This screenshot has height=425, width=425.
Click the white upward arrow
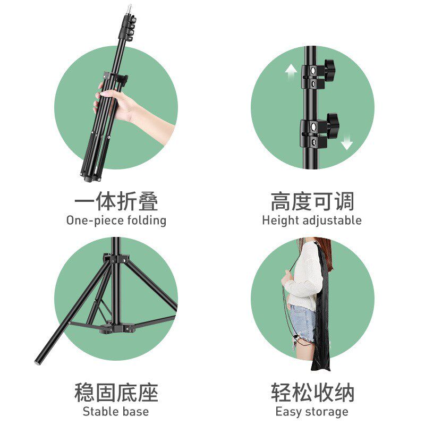tap(291, 72)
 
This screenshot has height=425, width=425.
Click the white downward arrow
tap(347, 142)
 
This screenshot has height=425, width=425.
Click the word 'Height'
tap(280, 220)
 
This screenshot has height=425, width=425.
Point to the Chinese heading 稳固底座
tap(116, 393)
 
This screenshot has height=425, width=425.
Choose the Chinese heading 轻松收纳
tap(312, 393)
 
